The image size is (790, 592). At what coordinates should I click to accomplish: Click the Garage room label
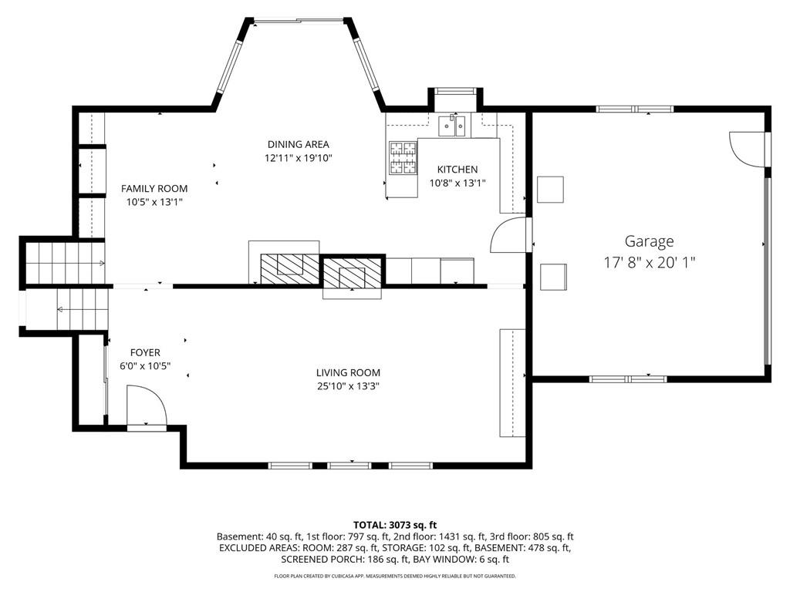pyautogui.click(x=649, y=241)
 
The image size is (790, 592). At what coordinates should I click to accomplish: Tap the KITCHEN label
pyautogui.click(x=457, y=170)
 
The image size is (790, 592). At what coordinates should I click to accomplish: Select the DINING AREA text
pyautogui.click(x=299, y=144)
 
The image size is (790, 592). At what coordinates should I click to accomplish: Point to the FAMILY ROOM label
pyautogui.click(x=154, y=189)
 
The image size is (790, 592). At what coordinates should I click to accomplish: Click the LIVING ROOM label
pyautogui.click(x=348, y=373)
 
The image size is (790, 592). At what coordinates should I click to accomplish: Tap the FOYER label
pyautogui.click(x=145, y=353)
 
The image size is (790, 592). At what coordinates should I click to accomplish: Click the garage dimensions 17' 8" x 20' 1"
pyautogui.click(x=650, y=262)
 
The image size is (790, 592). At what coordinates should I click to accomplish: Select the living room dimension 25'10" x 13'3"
pyautogui.click(x=348, y=387)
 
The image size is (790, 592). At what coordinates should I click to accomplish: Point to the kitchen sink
pyautogui.click(x=452, y=126)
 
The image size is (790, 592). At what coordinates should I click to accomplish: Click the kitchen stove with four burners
pyautogui.click(x=403, y=157)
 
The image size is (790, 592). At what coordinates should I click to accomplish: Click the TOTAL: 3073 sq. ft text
pyautogui.click(x=395, y=526)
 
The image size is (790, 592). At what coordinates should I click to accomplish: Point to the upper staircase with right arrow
pyautogui.click(x=66, y=262)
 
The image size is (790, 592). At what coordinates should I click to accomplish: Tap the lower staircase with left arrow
pyautogui.click(x=83, y=309)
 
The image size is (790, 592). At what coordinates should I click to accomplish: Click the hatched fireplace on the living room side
pyautogui.click(x=352, y=274)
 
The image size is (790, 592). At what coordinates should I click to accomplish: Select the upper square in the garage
pyautogui.click(x=550, y=190)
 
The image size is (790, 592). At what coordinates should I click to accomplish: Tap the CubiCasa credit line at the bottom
pyautogui.click(x=395, y=576)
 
